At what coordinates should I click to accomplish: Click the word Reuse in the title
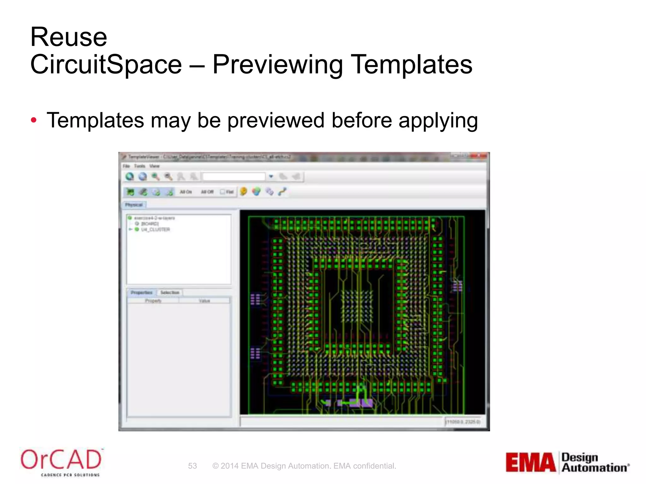pos(69,37)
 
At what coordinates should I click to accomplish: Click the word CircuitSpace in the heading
pos(106,65)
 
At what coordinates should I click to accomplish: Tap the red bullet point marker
pos(34,120)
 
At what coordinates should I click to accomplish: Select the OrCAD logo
pos(61,461)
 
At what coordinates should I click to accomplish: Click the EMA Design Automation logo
pos(567,462)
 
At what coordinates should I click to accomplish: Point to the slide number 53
pos(192,466)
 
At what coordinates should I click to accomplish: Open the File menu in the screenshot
pos(126,166)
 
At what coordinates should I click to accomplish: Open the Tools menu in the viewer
pos(139,166)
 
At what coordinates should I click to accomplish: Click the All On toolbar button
pos(186,192)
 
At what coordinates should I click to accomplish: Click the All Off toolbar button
pos(207,192)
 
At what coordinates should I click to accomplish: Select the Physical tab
pos(134,205)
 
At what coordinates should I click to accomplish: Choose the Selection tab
pos(170,292)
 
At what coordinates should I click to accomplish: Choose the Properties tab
pos(142,292)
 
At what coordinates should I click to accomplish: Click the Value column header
pos(204,301)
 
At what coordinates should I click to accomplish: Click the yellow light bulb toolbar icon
pos(243,192)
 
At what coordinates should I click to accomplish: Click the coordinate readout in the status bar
pos(463,422)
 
